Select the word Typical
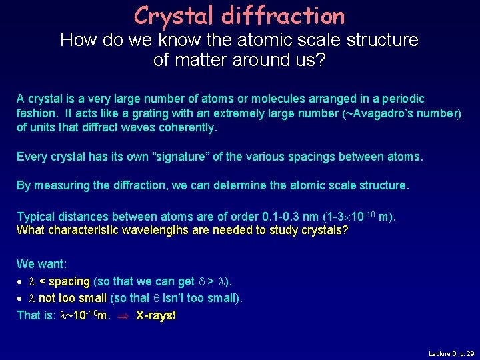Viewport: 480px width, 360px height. (x=35, y=217)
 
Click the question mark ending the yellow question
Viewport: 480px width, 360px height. (x=345, y=231)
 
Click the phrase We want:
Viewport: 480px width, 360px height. (x=41, y=264)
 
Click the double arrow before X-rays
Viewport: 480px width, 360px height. (x=123, y=315)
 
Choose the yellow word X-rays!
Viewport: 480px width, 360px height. (x=156, y=315)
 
